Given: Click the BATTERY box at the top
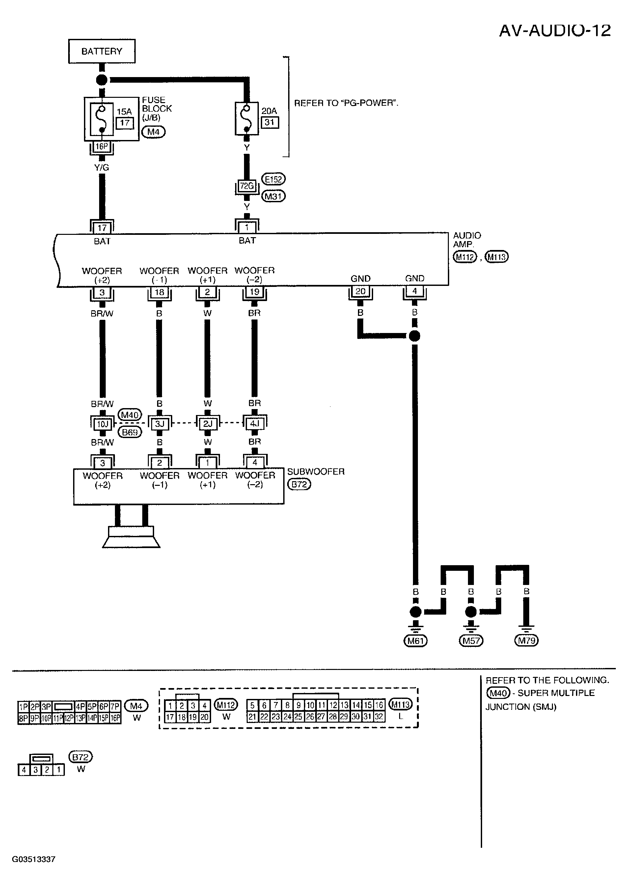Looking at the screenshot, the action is pyautogui.click(x=102, y=51).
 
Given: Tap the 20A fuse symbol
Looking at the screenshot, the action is pyautogui.click(x=247, y=118).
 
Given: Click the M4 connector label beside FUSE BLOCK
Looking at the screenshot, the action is pyautogui.click(x=153, y=132).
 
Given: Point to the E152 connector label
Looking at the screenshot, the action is pyautogui.click(x=273, y=179).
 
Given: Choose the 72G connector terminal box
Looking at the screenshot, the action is pyautogui.click(x=247, y=186).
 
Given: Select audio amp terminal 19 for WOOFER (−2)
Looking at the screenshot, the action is pyautogui.click(x=255, y=292).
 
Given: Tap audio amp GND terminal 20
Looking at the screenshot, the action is pyautogui.click(x=360, y=291).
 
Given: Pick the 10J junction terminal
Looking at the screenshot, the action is pyautogui.click(x=102, y=424).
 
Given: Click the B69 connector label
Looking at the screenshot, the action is pyautogui.click(x=130, y=432).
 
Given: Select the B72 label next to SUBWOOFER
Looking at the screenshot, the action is pyautogui.click(x=299, y=484).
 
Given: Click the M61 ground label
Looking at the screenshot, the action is pyautogui.click(x=415, y=641).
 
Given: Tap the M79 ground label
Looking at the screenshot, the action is pyautogui.click(x=526, y=641).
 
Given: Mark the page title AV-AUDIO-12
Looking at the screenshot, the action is pyautogui.click(x=555, y=30).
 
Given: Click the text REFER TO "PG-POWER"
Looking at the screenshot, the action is pyautogui.click(x=346, y=103).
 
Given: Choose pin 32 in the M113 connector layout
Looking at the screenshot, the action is pyautogui.click(x=379, y=716).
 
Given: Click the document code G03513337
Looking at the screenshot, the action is pyautogui.click(x=34, y=859).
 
